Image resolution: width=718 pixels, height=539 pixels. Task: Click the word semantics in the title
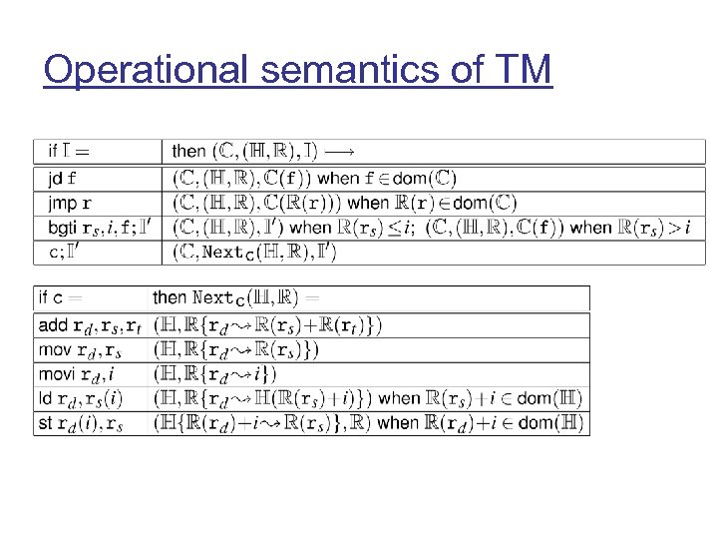click(349, 70)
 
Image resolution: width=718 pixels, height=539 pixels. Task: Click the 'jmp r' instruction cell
click(69, 204)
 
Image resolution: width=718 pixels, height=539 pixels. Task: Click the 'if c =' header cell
click(61, 297)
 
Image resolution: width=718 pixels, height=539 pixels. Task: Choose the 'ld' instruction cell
click(75, 399)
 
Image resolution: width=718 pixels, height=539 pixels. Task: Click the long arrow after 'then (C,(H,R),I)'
click(340, 152)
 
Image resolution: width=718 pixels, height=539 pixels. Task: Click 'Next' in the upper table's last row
click(222, 253)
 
